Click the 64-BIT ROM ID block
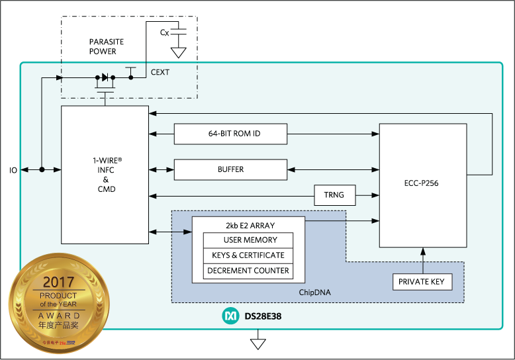[230, 134]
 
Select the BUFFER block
[230, 169]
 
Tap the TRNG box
[334, 195]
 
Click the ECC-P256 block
[422, 184]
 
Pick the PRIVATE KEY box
[422, 283]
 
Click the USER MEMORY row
[248, 240]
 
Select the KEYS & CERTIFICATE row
[248, 255]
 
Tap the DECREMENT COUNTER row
[248, 271]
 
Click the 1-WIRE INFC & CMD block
[105, 175]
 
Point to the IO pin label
[13, 170]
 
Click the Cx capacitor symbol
[178, 32]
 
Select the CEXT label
[160, 72]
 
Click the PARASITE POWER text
[107, 46]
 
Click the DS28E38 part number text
[263, 318]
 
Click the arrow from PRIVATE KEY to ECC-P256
[422, 259]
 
